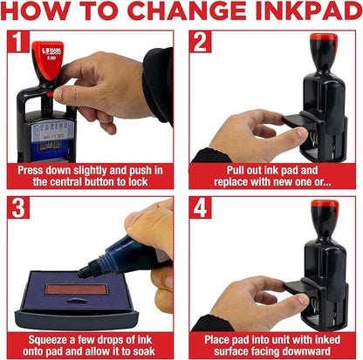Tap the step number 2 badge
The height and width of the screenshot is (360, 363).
tap(201, 43)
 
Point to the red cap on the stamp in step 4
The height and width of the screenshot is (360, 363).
tap(324, 209)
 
